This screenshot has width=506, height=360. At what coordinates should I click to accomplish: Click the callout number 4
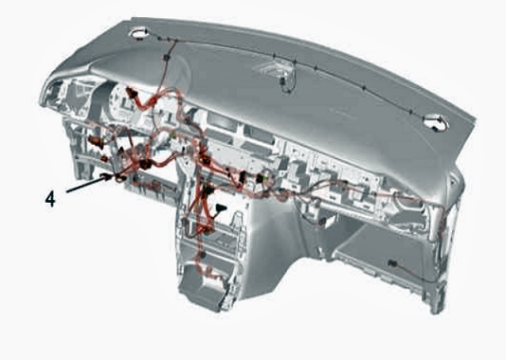click(x=50, y=198)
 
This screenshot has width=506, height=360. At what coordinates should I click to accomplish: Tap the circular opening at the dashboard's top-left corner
click(x=138, y=33)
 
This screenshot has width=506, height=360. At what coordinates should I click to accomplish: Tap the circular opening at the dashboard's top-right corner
click(x=436, y=122)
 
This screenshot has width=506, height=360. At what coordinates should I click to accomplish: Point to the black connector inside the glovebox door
click(x=392, y=263)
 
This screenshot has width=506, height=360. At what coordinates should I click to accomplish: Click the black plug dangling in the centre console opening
click(x=222, y=208)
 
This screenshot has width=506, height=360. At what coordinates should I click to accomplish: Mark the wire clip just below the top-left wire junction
click(x=167, y=58)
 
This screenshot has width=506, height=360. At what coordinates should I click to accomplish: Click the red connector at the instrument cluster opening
click(x=133, y=93)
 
